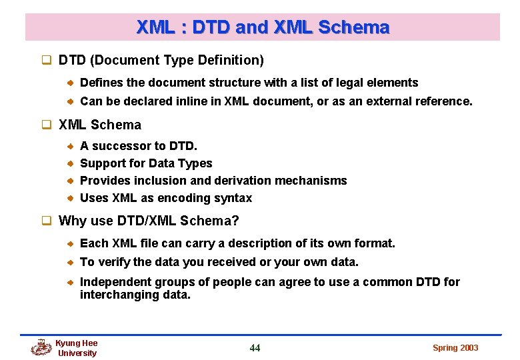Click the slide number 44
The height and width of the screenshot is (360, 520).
[x=255, y=347]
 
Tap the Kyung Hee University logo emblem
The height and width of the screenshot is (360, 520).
[x=41, y=347]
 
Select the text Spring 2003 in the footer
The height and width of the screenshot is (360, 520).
[x=455, y=347]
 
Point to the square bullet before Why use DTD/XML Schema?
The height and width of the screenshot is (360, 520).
[x=47, y=221]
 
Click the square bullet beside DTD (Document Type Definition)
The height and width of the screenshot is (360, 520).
[x=47, y=61]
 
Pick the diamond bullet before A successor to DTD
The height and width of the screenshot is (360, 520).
[x=70, y=146]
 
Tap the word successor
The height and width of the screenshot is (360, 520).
[x=121, y=146]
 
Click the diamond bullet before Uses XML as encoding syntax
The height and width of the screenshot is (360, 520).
[x=70, y=198]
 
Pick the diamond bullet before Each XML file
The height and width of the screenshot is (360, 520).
[x=70, y=243]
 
